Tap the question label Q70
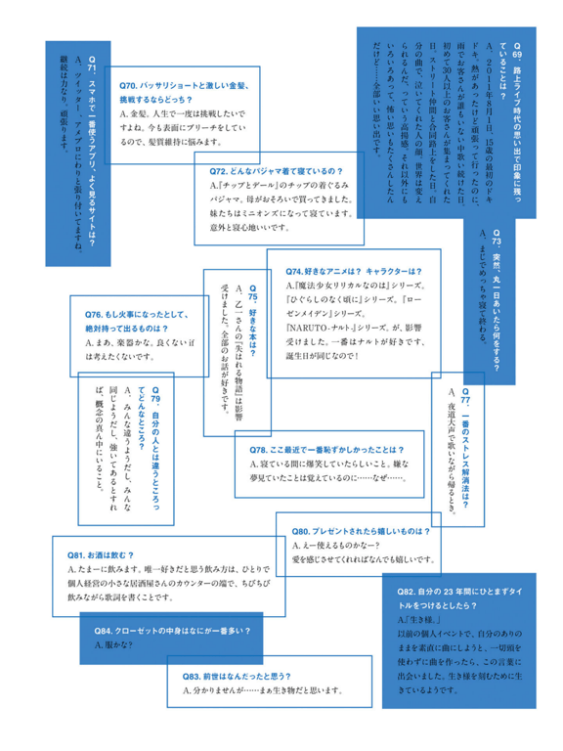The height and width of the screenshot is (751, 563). pos(131,86)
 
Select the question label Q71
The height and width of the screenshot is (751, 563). pos(93,61)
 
